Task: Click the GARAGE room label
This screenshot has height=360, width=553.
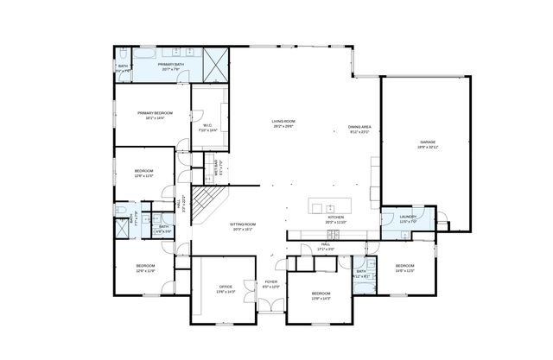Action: (x=427, y=143)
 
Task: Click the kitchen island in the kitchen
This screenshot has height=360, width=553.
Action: (x=327, y=207)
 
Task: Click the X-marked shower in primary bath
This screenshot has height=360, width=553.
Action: (x=217, y=63)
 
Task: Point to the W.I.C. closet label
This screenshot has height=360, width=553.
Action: (x=208, y=127)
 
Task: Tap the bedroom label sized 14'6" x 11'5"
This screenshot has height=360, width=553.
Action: (x=404, y=268)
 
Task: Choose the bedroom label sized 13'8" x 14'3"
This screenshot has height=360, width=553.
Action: (x=320, y=296)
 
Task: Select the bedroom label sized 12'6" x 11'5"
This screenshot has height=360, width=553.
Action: (x=143, y=174)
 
